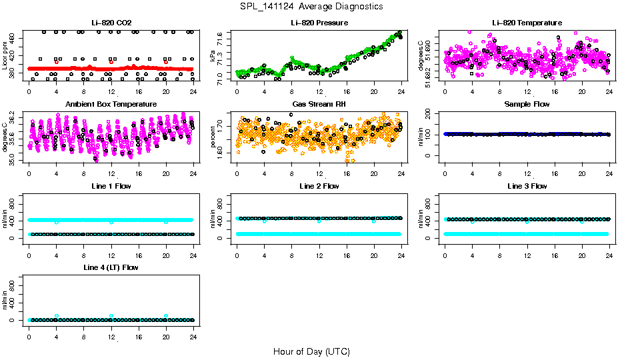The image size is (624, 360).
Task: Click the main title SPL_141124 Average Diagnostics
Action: (x=312, y=6)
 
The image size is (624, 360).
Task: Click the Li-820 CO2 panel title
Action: (x=111, y=23)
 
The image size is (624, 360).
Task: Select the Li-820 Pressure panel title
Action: (x=319, y=23)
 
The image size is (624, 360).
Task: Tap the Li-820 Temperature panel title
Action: (x=527, y=23)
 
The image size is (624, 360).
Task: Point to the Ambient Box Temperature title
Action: (x=111, y=104)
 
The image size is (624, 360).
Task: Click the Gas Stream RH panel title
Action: (x=319, y=104)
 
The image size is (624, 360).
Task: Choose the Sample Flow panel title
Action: (x=527, y=104)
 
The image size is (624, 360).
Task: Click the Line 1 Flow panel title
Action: (x=111, y=186)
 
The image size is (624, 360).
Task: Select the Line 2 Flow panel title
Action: (x=319, y=186)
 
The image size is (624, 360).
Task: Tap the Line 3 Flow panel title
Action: (x=527, y=186)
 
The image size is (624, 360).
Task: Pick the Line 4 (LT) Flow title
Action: (x=111, y=267)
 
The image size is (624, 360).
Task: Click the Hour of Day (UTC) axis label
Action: (x=311, y=351)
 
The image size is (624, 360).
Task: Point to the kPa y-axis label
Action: (x=213, y=56)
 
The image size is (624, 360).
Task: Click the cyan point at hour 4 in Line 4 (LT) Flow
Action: (x=57, y=315)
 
